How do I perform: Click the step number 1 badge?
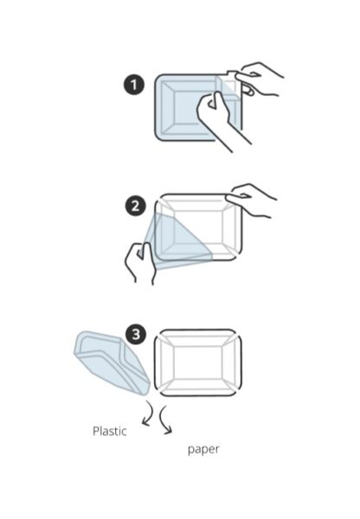click(134, 85)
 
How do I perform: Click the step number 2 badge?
click(136, 206)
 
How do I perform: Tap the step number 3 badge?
click(136, 335)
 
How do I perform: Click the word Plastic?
click(110, 431)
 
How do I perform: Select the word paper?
click(203, 450)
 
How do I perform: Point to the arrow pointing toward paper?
click(165, 420)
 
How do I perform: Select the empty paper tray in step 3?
click(198, 362)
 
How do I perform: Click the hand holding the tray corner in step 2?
click(252, 201)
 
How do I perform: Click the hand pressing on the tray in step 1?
click(220, 119)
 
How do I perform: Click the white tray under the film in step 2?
click(199, 227)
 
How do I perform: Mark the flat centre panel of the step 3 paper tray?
click(197, 362)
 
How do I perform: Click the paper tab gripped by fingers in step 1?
click(232, 74)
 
